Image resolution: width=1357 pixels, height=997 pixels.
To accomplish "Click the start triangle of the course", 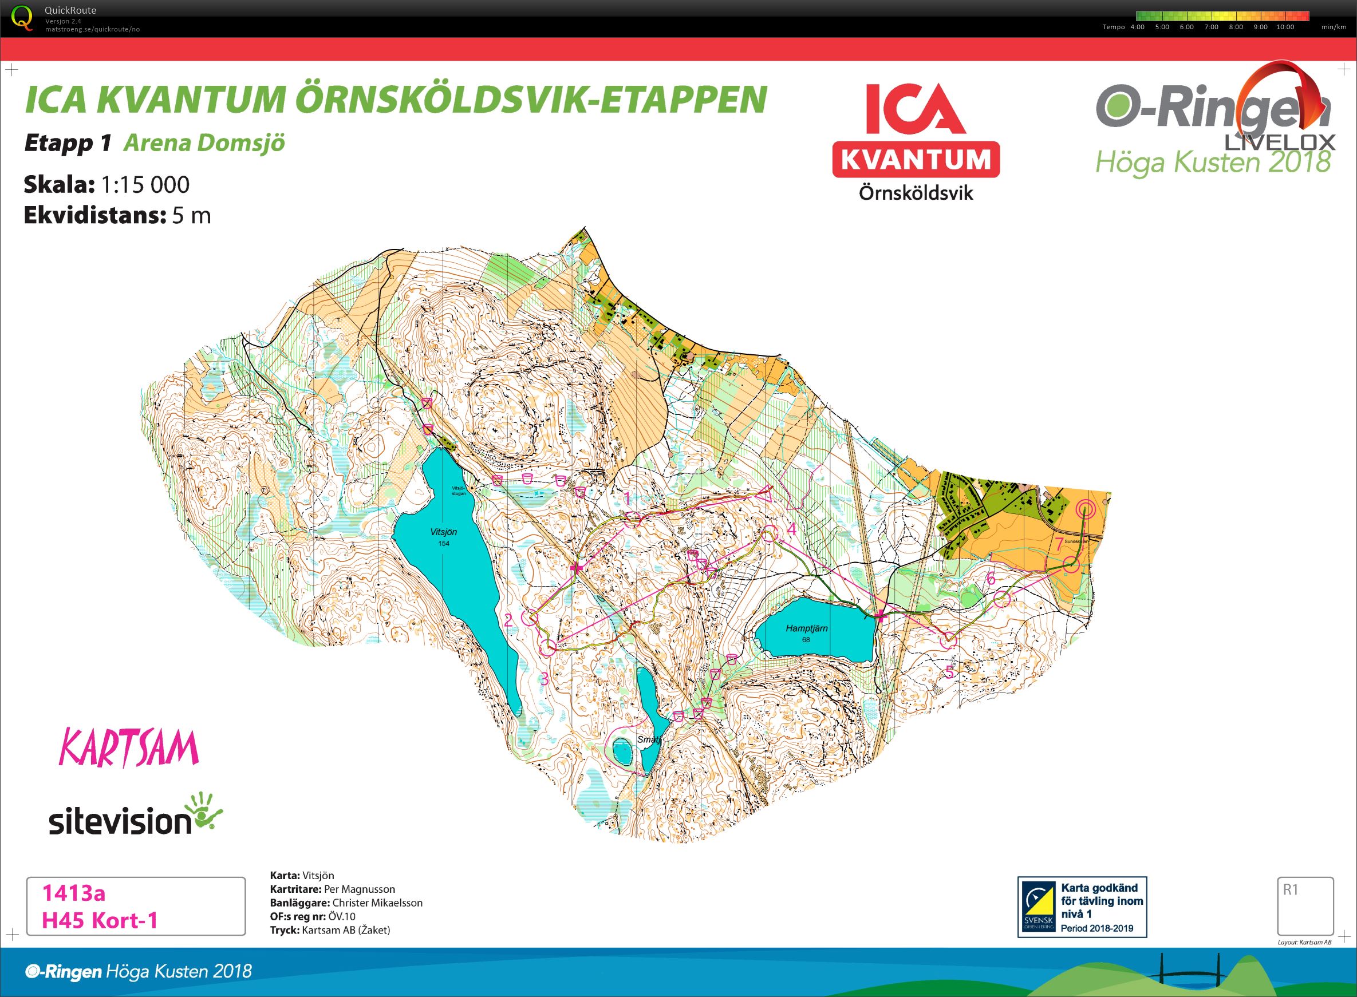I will (x=767, y=493).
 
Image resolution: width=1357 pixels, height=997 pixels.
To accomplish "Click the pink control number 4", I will (x=791, y=529).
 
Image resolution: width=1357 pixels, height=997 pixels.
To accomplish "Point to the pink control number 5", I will (x=949, y=672).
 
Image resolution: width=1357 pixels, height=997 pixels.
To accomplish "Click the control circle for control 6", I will (x=1001, y=599).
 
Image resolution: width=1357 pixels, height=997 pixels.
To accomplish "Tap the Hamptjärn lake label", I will (x=807, y=628).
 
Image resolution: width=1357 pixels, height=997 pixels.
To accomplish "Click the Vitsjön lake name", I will (x=444, y=532).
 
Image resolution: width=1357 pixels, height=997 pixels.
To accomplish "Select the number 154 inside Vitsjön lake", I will (x=444, y=543).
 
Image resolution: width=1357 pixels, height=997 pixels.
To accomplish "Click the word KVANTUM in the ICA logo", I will (x=916, y=160).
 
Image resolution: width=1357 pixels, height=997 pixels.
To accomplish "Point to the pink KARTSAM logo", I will (x=129, y=749).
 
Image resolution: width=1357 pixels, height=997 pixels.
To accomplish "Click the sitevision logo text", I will (x=121, y=822).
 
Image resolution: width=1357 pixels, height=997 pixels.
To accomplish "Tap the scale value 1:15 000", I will (x=145, y=185).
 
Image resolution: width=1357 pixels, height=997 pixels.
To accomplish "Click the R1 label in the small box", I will (x=1290, y=889).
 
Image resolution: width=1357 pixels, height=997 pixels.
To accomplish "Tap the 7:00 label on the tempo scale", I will (x=1211, y=27).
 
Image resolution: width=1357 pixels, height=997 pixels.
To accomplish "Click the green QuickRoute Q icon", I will (x=23, y=18).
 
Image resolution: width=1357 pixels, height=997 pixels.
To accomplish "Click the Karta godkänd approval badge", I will (x=1082, y=907).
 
